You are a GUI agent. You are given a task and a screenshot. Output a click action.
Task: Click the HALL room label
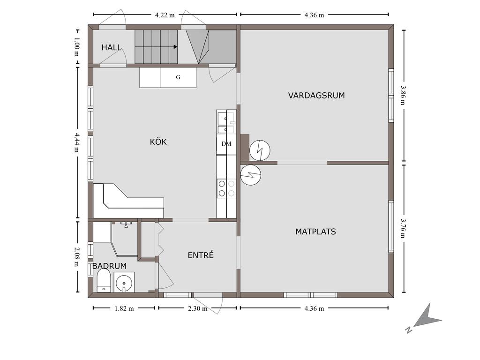tap(112, 47)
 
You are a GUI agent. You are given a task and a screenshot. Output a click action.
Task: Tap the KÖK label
tap(158, 142)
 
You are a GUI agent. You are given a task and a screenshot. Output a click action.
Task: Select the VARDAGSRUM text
tap(316, 96)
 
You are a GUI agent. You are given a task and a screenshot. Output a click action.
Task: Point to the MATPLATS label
tap(315, 232)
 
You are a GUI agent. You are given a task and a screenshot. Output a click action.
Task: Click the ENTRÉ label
tap(201, 255)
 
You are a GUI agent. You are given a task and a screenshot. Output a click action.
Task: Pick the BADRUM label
tap(109, 266)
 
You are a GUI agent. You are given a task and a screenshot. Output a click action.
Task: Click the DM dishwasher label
tap(226, 143)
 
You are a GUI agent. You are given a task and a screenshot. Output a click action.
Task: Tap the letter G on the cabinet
tap(178, 77)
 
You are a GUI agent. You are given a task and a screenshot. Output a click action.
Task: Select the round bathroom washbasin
tap(124, 282)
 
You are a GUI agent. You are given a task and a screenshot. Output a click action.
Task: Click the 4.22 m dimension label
tap(165, 15)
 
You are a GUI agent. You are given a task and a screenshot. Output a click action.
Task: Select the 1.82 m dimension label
tap(124, 308)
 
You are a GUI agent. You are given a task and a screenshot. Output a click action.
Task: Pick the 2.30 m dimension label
tap(197, 308)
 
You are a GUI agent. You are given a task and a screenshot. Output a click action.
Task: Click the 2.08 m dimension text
tap(76, 257)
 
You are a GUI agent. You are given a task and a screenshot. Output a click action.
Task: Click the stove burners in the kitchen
tap(226, 188)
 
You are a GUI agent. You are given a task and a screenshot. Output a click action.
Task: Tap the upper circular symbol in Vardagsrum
tap(260, 150)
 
